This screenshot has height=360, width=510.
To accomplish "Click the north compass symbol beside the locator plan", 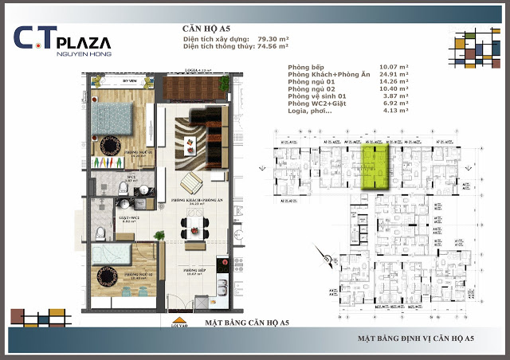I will point(328,256).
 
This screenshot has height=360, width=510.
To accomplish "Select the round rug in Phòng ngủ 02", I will point(108,276).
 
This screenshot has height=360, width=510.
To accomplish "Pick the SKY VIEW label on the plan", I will point(128,81).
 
